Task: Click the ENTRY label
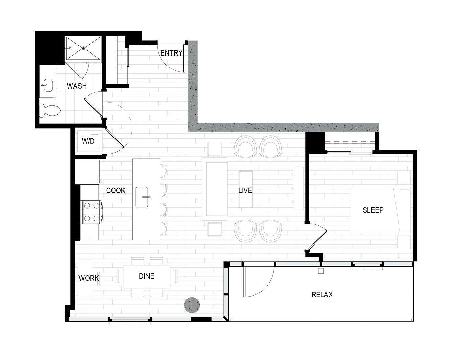(x=172, y=53)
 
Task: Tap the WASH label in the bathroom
(x=77, y=86)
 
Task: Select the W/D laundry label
(x=88, y=141)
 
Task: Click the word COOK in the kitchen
(x=115, y=191)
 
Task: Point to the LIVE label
(x=245, y=191)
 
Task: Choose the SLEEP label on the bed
(x=373, y=210)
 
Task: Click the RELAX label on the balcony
(x=322, y=295)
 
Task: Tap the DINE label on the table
(x=146, y=276)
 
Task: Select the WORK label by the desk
(x=89, y=278)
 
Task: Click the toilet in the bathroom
(x=50, y=110)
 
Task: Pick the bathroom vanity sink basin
(x=48, y=85)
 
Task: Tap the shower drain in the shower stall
(x=84, y=48)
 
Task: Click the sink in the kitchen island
(x=142, y=197)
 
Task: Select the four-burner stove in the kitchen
(x=92, y=212)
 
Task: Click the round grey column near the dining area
(x=192, y=305)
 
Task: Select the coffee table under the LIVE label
(x=245, y=189)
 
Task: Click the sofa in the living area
(x=214, y=189)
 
